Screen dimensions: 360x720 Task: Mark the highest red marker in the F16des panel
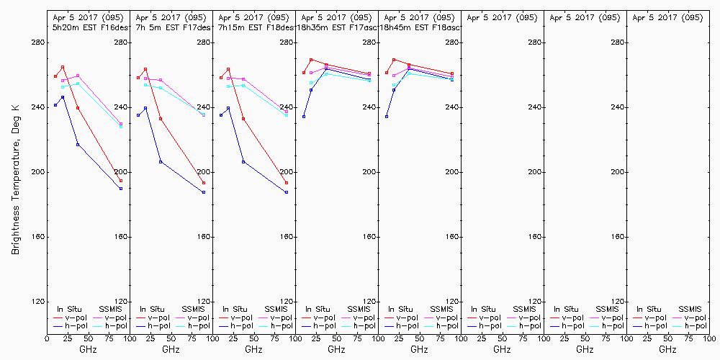point(63,67)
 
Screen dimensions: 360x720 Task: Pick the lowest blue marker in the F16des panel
point(121,189)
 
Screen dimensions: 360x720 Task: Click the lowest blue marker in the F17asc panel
point(304,117)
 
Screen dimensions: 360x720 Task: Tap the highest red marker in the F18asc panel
point(394,60)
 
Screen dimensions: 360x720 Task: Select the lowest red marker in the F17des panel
point(204,183)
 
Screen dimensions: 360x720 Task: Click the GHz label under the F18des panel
point(253,349)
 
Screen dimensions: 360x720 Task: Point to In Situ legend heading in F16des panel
point(70,309)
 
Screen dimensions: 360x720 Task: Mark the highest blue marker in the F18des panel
point(228,108)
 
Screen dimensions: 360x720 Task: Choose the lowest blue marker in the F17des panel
point(204,192)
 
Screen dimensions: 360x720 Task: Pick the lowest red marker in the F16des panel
point(121,181)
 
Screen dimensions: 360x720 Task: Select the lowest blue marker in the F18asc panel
point(387,117)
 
